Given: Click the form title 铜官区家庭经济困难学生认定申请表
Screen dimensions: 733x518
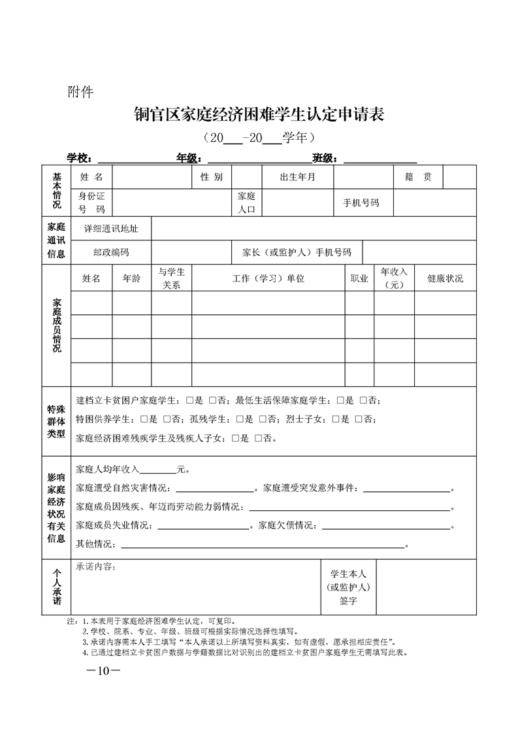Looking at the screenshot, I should [x=258, y=115].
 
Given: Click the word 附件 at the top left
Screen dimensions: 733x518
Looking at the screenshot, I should [x=81, y=91].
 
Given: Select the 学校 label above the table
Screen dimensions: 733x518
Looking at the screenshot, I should [x=79, y=158].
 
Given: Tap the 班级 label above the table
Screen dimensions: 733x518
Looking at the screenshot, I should [x=324, y=158].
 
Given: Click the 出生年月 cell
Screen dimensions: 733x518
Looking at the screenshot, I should [x=297, y=177].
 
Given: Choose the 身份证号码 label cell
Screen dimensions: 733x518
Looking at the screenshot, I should [x=91, y=203].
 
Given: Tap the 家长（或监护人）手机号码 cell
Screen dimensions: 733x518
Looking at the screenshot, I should [x=297, y=252].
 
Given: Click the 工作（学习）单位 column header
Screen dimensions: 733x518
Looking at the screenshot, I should [x=268, y=278].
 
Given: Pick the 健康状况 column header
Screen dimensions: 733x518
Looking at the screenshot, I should [x=445, y=278].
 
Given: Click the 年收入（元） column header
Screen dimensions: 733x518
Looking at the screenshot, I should [x=394, y=278].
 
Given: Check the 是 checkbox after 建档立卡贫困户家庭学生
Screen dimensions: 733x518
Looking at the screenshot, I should [x=189, y=400].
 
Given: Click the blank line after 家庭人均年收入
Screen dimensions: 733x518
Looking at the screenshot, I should [x=158, y=470].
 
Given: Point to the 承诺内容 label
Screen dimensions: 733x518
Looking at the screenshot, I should [x=96, y=567].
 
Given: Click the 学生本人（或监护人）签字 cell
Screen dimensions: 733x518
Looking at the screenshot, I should [x=348, y=587].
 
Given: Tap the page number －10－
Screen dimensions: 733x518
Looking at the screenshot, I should [x=99, y=671].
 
